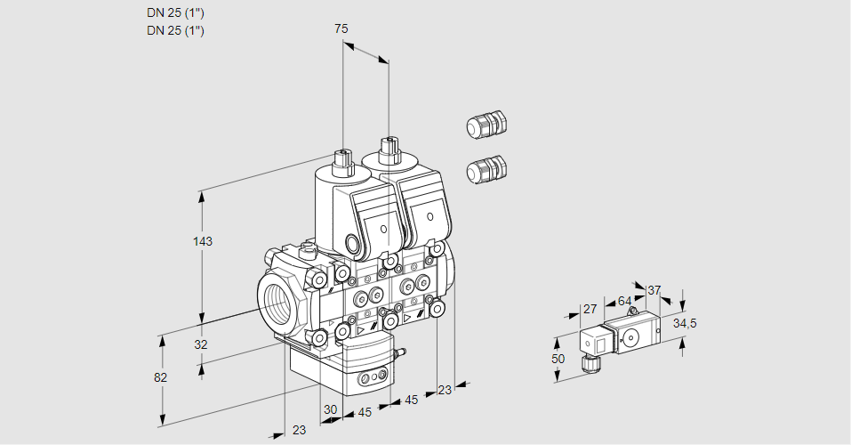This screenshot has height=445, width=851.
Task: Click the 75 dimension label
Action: click(341, 28)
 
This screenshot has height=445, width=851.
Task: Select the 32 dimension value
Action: click(201, 344)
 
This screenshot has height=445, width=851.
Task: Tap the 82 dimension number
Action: click(160, 377)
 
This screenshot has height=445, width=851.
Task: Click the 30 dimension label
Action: click(330, 409)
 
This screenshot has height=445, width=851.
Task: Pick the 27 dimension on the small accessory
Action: click(589, 309)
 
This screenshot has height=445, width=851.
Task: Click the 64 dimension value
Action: click(624, 301)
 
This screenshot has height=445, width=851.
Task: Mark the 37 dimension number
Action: click(654, 290)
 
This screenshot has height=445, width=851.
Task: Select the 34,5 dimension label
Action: click(685, 323)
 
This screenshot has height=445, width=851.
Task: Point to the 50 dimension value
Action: click(558, 358)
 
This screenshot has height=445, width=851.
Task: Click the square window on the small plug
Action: click(600, 343)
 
